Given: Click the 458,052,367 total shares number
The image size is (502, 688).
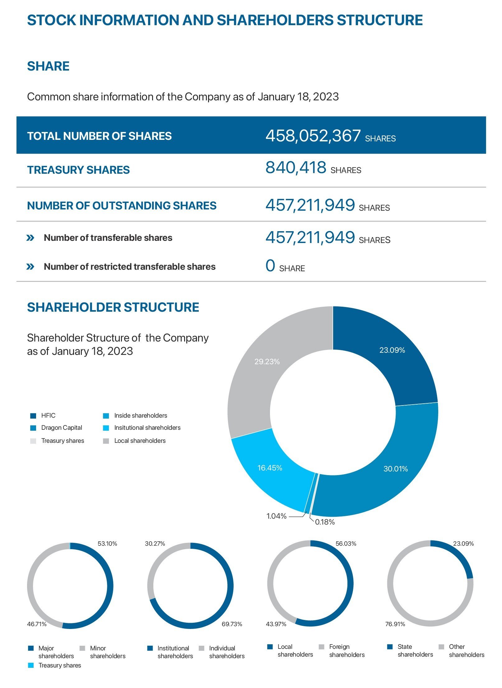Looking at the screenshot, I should click(313, 136).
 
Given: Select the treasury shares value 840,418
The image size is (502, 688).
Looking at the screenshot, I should click(295, 167).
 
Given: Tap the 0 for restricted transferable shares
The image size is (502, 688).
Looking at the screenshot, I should click(270, 266).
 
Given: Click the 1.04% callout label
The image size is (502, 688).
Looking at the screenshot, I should click(276, 516).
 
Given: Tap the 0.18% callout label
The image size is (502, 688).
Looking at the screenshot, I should click(325, 522).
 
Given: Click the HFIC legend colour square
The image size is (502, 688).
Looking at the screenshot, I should click(33, 416).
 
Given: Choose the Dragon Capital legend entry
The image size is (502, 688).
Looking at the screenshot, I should click(61, 428).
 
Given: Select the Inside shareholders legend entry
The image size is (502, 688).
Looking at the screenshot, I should click(140, 415).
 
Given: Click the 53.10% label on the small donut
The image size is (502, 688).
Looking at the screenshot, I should click(107, 544).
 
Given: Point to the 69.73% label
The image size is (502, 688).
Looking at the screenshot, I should click(232, 624).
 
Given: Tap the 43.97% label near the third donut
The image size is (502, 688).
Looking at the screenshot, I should click(276, 624).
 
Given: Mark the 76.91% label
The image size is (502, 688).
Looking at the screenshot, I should click(395, 624).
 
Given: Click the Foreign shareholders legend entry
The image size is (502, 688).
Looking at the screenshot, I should click(346, 650).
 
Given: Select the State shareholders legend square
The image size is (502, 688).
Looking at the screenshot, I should click(390, 647).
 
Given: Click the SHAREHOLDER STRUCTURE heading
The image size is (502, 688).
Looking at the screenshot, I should click(113, 307).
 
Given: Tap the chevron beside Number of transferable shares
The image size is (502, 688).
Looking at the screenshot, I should click(30, 238).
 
